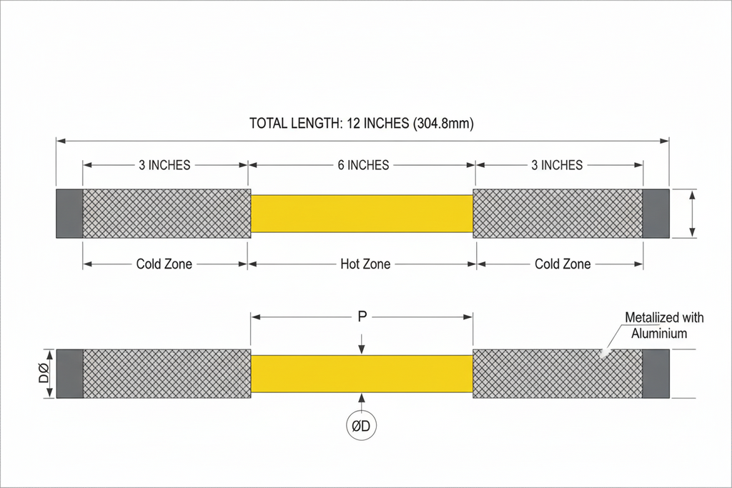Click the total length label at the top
coord(361,123)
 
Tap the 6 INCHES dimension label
coord(363,165)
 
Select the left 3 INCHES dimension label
coord(164,165)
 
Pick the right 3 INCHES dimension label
coord(557,165)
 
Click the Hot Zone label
coord(365,264)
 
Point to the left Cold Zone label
coord(164,264)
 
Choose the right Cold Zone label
coord(563,264)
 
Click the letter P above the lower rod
coord(362,317)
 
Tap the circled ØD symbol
coord(361,426)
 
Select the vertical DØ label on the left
coord(44,373)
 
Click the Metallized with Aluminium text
coord(663,326)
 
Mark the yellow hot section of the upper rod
coord(362,214)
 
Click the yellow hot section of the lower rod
coord(362,374)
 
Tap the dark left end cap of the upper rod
coord(69,214)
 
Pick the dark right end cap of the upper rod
coord(656,214)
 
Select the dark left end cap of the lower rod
coord(69,374)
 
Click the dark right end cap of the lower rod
coord(656,374)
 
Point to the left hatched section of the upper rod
coord(167,214)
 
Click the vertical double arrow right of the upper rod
coord(692,214)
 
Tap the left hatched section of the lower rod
coord(167,374)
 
